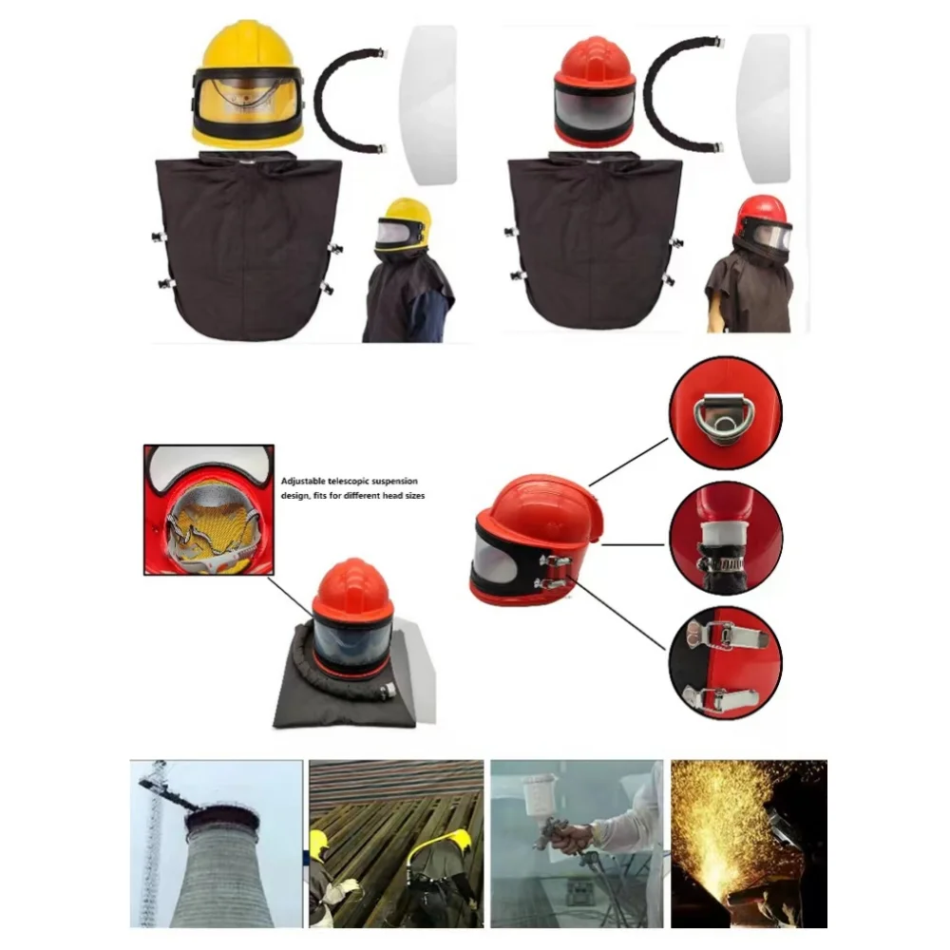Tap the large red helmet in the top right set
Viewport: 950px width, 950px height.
click(x=594, y=90)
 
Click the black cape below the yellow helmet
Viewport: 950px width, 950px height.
click(x=247, y=247)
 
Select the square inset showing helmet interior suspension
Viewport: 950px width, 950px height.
click(x=208, y=509)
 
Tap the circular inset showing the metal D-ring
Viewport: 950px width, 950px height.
click(x=724, y=413)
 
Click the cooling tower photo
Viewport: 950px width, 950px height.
click(x=216, y=844)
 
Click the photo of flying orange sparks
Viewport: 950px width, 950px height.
click(x=749, y=844)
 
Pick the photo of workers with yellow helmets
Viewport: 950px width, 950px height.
click(x=396, y=844)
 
